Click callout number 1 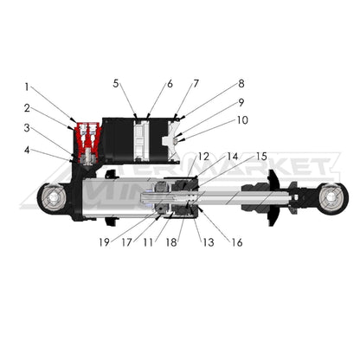(x=27, y=87)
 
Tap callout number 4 (x=27, y=149)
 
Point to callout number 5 (x=115, y=84)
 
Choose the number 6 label (x=170, y=84)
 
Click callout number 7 (x=196, y=84)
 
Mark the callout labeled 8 (x=241, y=84)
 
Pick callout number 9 (x=241, y=102)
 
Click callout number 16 (x=235, y=242)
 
